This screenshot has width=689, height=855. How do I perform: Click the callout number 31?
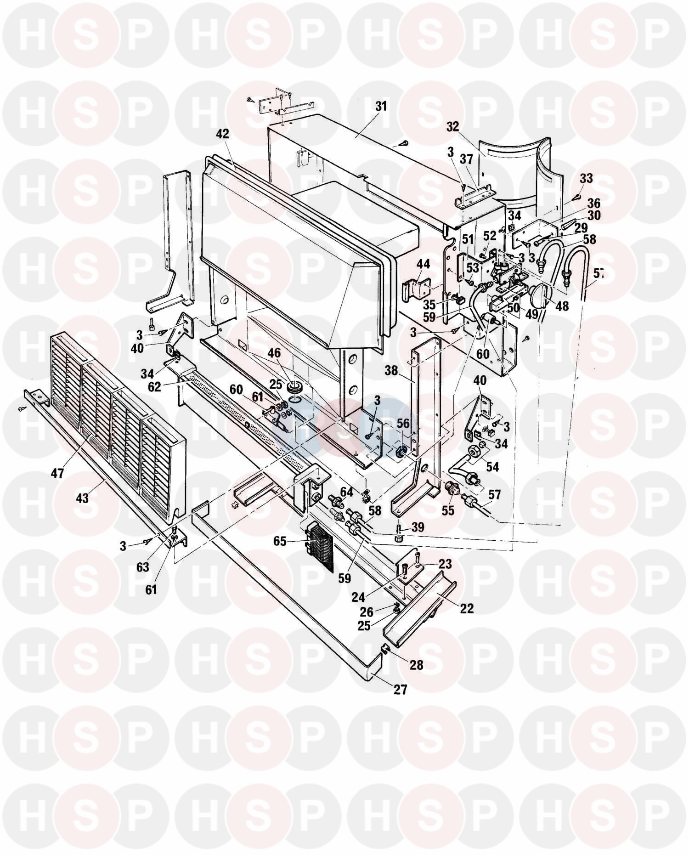click(381, 107)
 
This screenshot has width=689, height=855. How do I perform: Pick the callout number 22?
click(466, 608)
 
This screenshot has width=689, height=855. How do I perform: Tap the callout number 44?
click(423, 264)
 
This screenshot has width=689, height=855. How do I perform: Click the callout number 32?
click(452, 127)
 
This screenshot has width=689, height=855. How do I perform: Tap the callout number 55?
click(447, 510)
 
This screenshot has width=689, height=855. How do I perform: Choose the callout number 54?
click(492, 467)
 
